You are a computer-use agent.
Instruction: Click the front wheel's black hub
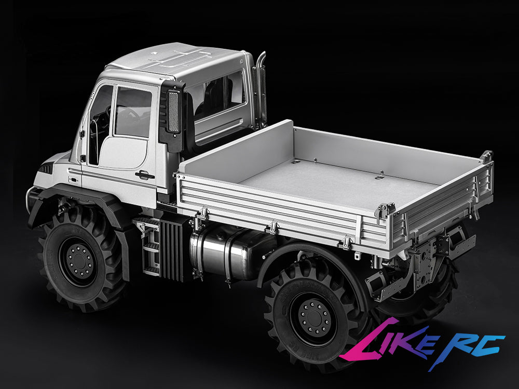tap(79, 257)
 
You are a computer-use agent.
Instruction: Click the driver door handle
tap(145, 175)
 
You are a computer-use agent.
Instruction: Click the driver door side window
tap(132, 113)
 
